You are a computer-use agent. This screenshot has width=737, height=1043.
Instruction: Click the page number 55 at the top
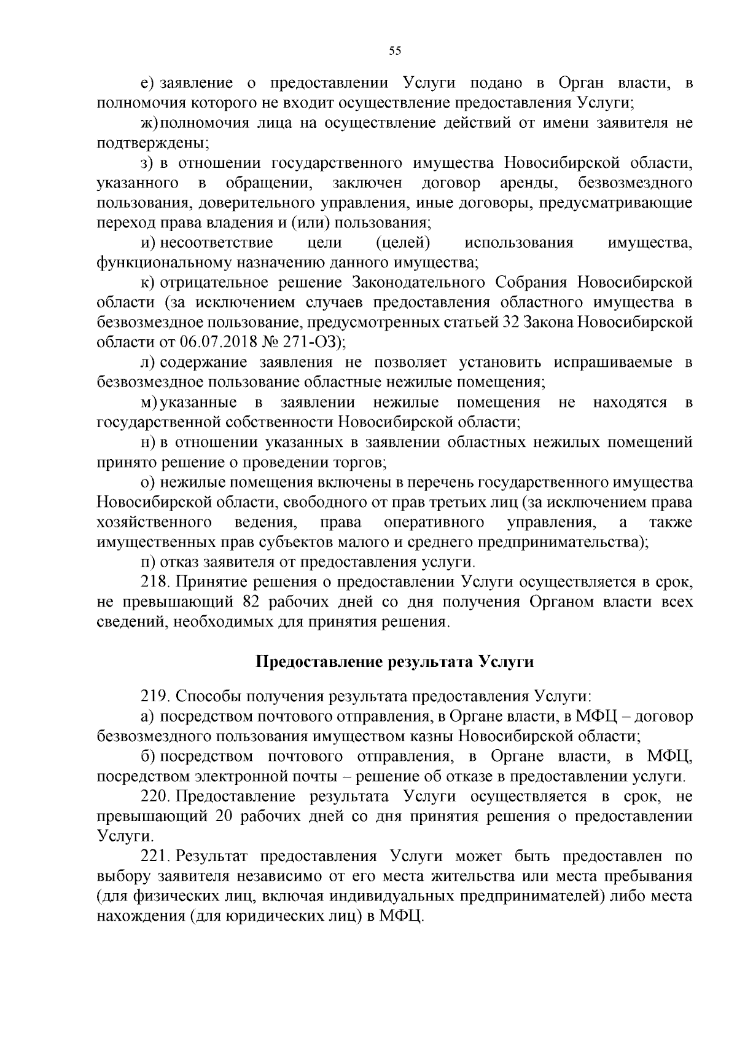click(395, 51)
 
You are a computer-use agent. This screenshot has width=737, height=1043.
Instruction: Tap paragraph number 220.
click(155, 797)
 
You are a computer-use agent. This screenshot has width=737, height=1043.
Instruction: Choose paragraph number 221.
click(155, 856)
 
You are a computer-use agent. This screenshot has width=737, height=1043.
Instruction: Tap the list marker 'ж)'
click(149, 123)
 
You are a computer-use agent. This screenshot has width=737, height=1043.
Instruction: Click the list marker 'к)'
click(147, 283)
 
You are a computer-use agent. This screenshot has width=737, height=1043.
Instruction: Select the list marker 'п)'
click(148, 562)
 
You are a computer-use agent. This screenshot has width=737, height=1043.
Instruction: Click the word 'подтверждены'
click(152, 143)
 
